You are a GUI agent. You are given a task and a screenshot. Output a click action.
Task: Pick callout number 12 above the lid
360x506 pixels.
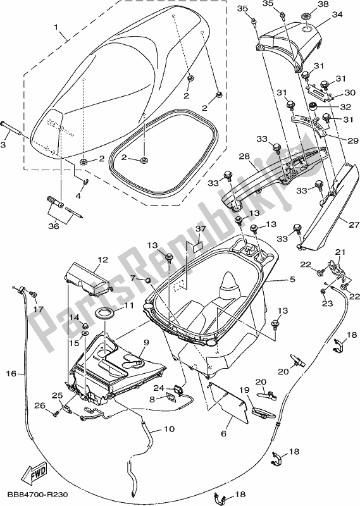(x=102, y=260)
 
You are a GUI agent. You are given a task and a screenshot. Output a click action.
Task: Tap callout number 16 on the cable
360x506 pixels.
(x=11, y=374)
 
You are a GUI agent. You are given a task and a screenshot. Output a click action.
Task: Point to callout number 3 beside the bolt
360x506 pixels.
(x=5, y=145)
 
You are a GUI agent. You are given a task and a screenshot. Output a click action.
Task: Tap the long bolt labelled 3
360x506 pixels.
(x=13, y=134)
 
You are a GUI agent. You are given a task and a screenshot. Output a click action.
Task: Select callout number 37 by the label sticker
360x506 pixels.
(x=201, y=229)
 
